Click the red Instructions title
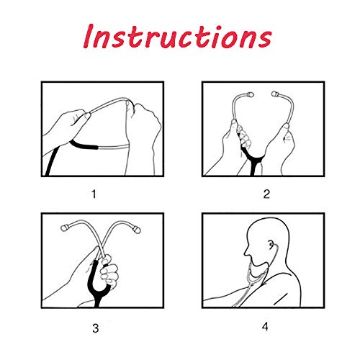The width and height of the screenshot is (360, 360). click(x=178, y=37)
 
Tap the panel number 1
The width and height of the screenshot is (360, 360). click(x=94, y=194)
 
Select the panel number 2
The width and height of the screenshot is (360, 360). click(x=266, y=194)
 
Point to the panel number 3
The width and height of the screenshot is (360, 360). click(x=96, y=328)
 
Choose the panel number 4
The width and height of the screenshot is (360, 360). click(x=265, y=327)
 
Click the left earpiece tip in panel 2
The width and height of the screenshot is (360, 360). click(x=251, y=94)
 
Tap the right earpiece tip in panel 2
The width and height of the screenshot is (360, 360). click(x=275, y=94)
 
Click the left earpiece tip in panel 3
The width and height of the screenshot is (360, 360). click(x=64, y=228)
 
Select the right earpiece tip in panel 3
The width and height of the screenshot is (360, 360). click(x=138, y=230)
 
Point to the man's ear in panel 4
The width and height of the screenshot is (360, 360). click(x=271, y=245)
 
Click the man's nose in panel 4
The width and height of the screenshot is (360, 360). click(x=246, y=251)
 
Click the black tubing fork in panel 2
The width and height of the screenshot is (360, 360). click(x=253, y=160)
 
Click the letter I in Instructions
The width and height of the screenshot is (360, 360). click(x=89, y=36)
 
